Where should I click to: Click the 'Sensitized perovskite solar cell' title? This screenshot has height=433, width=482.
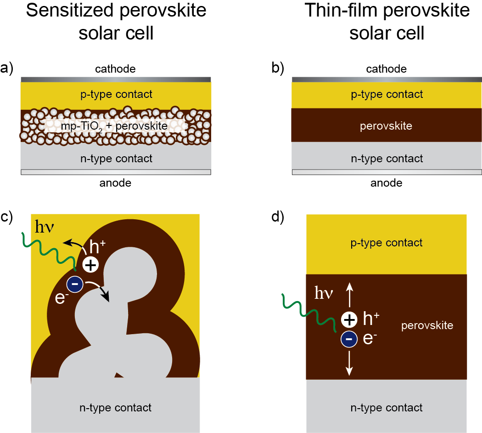click(116, 22)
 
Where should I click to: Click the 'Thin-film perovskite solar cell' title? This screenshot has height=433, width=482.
click(387, 22)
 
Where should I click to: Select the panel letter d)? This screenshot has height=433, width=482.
click(278, 216)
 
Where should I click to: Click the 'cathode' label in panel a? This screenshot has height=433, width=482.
click(116, 69)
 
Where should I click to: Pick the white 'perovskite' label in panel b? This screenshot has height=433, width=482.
click(387, 125)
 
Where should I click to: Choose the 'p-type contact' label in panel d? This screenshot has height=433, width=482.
click(386, 243)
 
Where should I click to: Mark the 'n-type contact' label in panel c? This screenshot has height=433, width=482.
click(115, 407)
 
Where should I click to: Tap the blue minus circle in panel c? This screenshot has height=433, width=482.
click(75, 284)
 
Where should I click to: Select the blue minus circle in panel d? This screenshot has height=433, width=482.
click(349, 339)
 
